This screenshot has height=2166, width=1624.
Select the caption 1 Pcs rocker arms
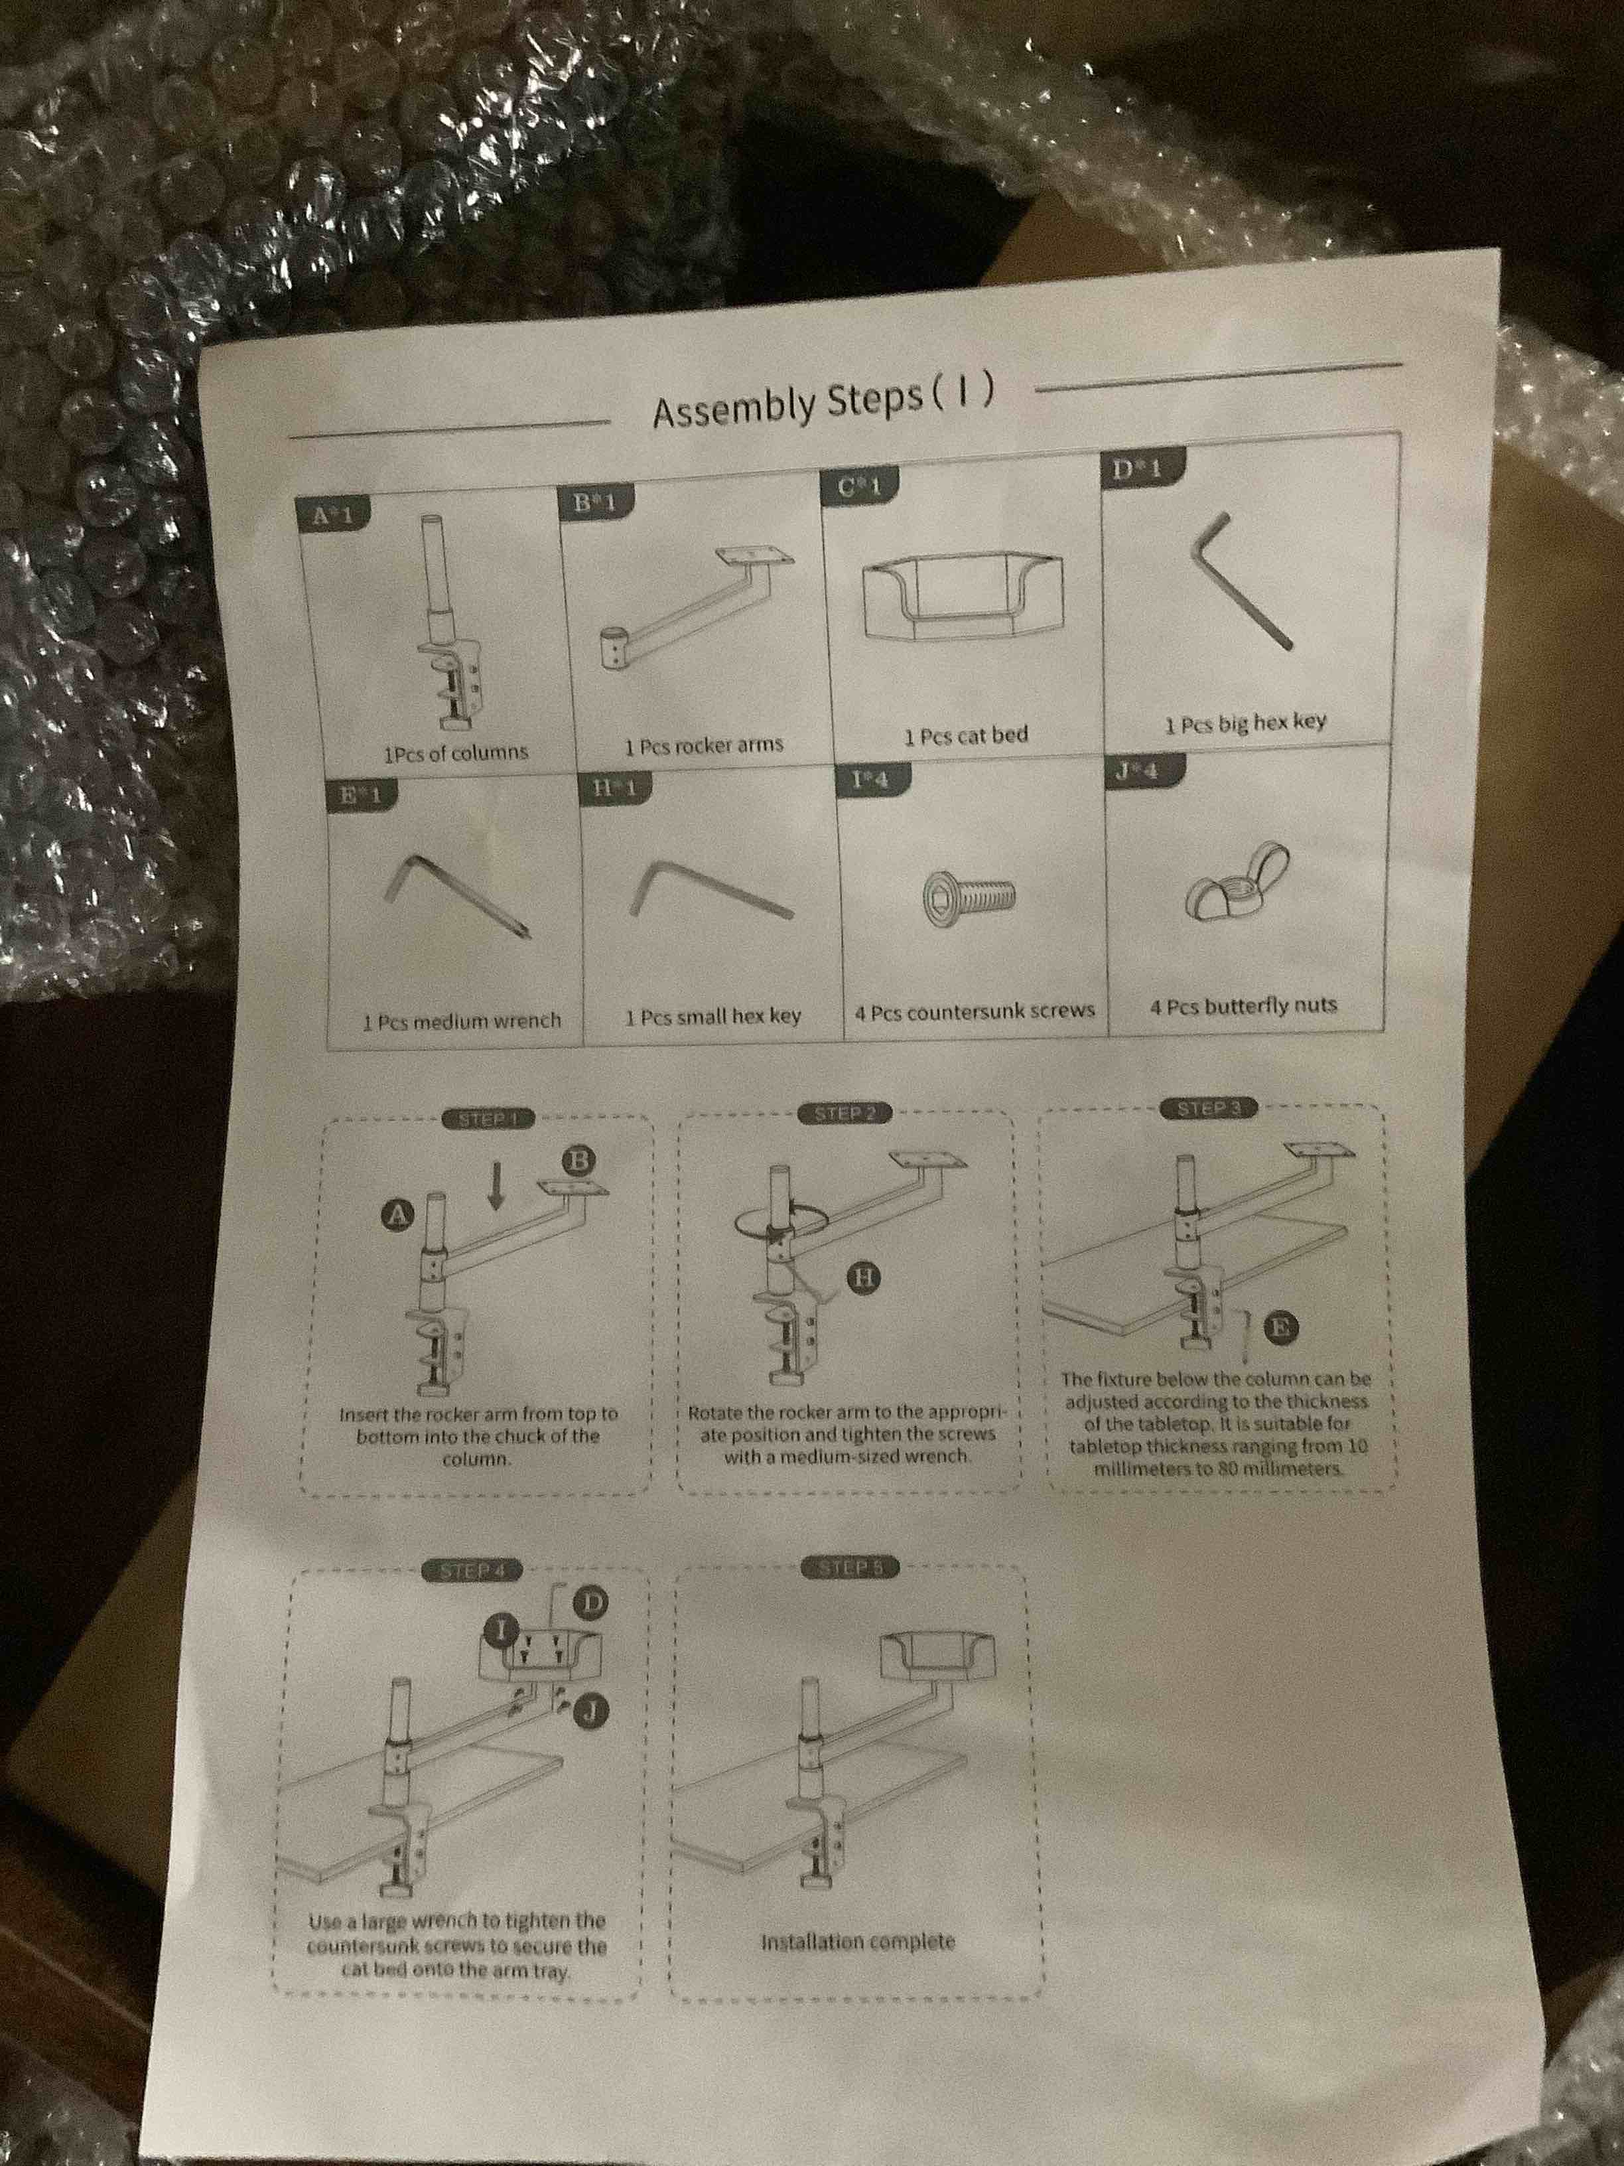[704, 745]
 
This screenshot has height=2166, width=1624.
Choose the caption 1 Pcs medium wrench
[461, 1021]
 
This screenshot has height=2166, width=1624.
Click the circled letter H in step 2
[863, 1277]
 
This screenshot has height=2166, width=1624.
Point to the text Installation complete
[858, 1941]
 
